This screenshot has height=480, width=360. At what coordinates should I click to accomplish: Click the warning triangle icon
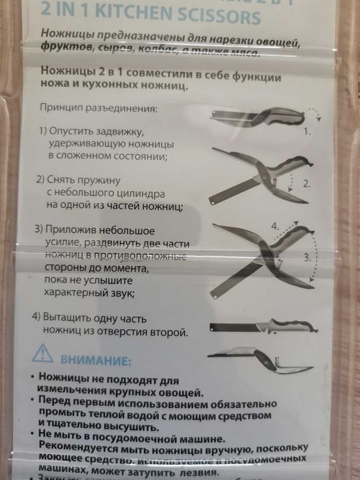pyautogui.click(x=44, y=355)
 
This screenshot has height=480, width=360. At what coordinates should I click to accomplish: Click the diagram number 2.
pyautogui.click(x=307, y=183)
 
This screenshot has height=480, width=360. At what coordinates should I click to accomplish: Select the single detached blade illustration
pyautogui.click(x=254, y=325)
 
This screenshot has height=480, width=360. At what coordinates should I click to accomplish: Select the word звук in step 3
pyautogui.click(x=119, y=291)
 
